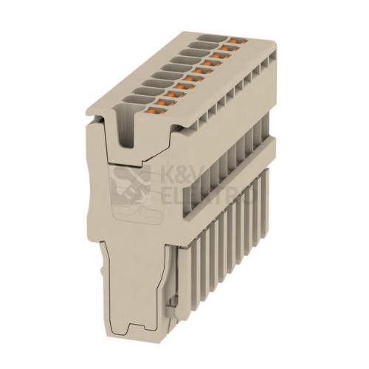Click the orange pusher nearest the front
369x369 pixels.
tap(152, 111)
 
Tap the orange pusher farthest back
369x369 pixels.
tap(235, 40)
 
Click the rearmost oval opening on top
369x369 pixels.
tap(212, 39)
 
